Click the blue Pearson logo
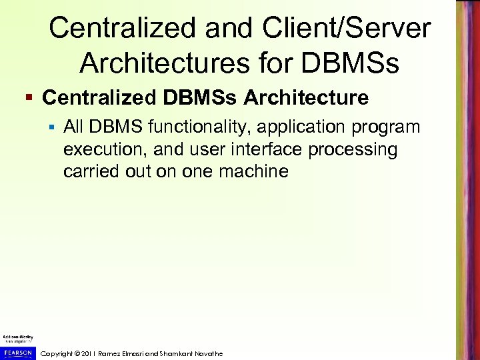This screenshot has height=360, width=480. [x=17, y=351]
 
